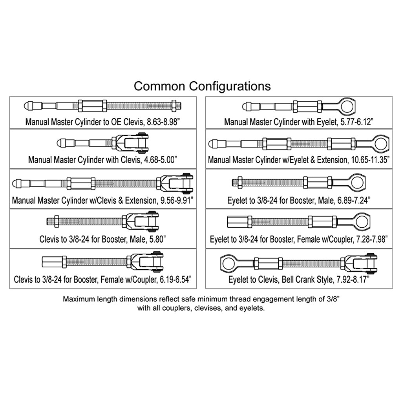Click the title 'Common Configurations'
(x=202, y=86)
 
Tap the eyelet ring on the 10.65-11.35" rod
(x=379, y=143)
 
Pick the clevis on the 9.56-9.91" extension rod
(x=177, y=183)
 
